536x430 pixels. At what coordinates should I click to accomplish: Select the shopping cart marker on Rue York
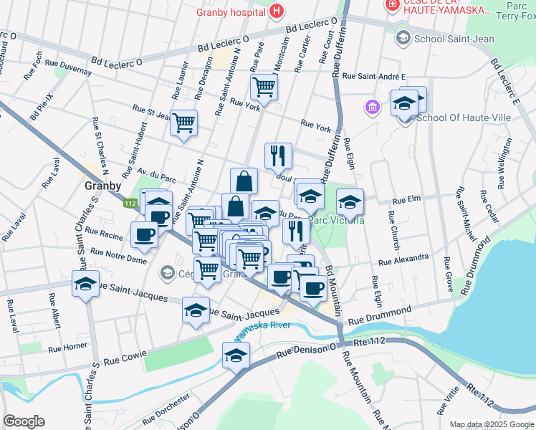(x=264, y=87)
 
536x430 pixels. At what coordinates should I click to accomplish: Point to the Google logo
(x=24, y=421)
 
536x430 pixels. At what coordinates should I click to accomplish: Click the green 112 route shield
(x=130, y=204)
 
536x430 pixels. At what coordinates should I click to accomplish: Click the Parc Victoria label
(x=337, y=220)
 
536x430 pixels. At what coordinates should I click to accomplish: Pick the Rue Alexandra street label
(x=403, y=259)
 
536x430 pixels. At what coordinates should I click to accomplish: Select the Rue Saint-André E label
(x=373, y=76)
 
